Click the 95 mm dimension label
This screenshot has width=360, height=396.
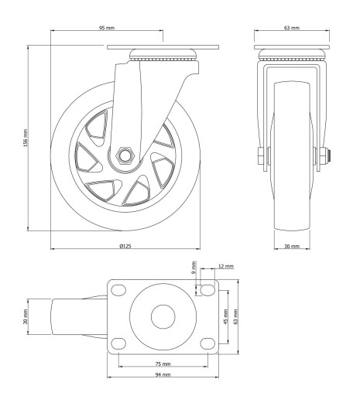(x=107, y=28)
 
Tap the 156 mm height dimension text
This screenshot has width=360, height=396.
(x=25, y=138)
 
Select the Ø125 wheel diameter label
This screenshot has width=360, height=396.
(x=125, y=246)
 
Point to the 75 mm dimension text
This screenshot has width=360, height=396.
(x=163, y=364)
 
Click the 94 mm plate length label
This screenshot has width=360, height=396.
(x=163, y=374)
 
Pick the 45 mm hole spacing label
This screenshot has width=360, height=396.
(x=226, y=317)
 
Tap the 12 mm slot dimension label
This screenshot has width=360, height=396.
(x=226, y=266)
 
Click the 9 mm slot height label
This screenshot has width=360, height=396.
(x=194, y=268)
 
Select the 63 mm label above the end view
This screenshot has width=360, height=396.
(x=292, y=28)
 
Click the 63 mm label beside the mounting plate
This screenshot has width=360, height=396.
(x=235, y=316)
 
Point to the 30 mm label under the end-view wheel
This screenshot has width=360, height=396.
(x=292, y=246)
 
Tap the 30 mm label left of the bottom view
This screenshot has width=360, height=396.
(x=25, y=317)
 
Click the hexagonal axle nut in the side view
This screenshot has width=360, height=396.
(x=125, y=155)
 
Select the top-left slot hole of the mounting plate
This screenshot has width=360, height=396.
(x=118, y=290)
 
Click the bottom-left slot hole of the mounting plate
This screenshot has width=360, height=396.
(x=118, y=343)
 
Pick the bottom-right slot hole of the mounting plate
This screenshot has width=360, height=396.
(x=207, y=343)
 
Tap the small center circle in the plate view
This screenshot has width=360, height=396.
(x=163, y=317)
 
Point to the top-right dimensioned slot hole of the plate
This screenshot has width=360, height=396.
(x=207, y=290)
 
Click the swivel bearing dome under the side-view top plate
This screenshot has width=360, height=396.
(x=163, y=53)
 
